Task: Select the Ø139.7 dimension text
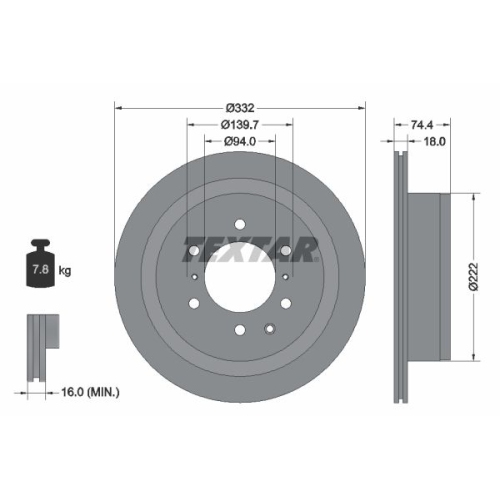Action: pyautogui.click(x=240, y=124)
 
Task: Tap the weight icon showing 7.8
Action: pyautogui.click(x=42, y=265)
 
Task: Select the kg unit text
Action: pyautogui.click(x=66, y=270)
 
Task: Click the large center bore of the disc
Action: pyautogui.click(x=240, y=275)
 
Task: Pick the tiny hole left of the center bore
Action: pyautogui.click(x=194, y=275)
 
